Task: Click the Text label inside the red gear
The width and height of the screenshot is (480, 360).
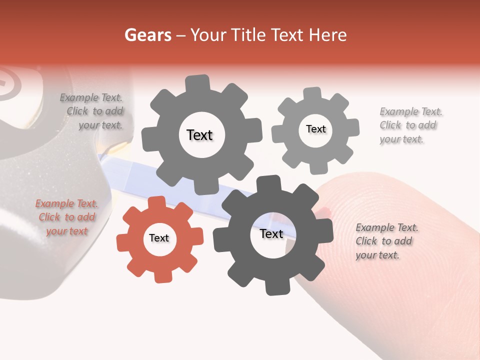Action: click(x=159, y=238)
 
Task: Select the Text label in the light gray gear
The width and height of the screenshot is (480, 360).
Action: click(x=316, y=129)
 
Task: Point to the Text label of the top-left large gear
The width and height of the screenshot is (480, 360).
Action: click(x=200, y=135)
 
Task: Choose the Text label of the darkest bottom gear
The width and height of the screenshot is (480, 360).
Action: click(x=271, y=234)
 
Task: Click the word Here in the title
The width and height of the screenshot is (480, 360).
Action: click(x=327, y=35)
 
